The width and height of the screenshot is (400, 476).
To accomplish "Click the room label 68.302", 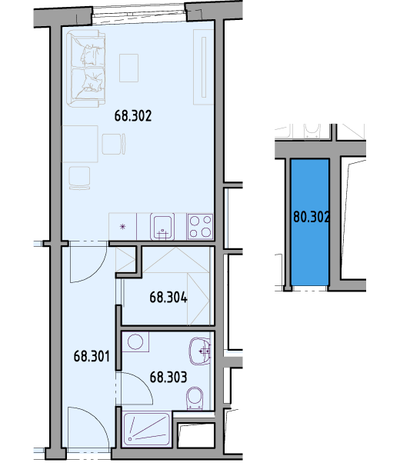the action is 133,116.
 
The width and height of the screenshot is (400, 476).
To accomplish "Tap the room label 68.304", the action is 168,297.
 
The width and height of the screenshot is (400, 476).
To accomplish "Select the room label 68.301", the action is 92,356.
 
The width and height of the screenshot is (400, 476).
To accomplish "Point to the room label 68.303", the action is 168,377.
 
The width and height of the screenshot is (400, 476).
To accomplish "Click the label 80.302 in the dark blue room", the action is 311,217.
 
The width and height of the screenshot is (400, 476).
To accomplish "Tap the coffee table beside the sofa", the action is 128,68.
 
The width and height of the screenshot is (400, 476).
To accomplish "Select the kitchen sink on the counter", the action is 162,226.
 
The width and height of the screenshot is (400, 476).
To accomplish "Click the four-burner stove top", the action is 200,226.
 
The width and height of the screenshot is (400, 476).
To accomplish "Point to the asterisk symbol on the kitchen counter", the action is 122,226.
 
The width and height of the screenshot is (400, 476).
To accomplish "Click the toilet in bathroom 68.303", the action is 195,398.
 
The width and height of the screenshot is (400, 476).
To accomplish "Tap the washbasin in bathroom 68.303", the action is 200,351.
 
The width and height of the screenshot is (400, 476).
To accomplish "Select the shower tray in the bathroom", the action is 146,429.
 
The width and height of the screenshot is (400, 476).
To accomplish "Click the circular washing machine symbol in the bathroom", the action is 135,342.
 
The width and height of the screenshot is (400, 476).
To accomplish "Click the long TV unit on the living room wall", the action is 204,67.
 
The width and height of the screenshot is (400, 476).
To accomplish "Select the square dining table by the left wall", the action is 79,144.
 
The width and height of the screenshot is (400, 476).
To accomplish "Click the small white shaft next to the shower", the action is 196,435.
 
